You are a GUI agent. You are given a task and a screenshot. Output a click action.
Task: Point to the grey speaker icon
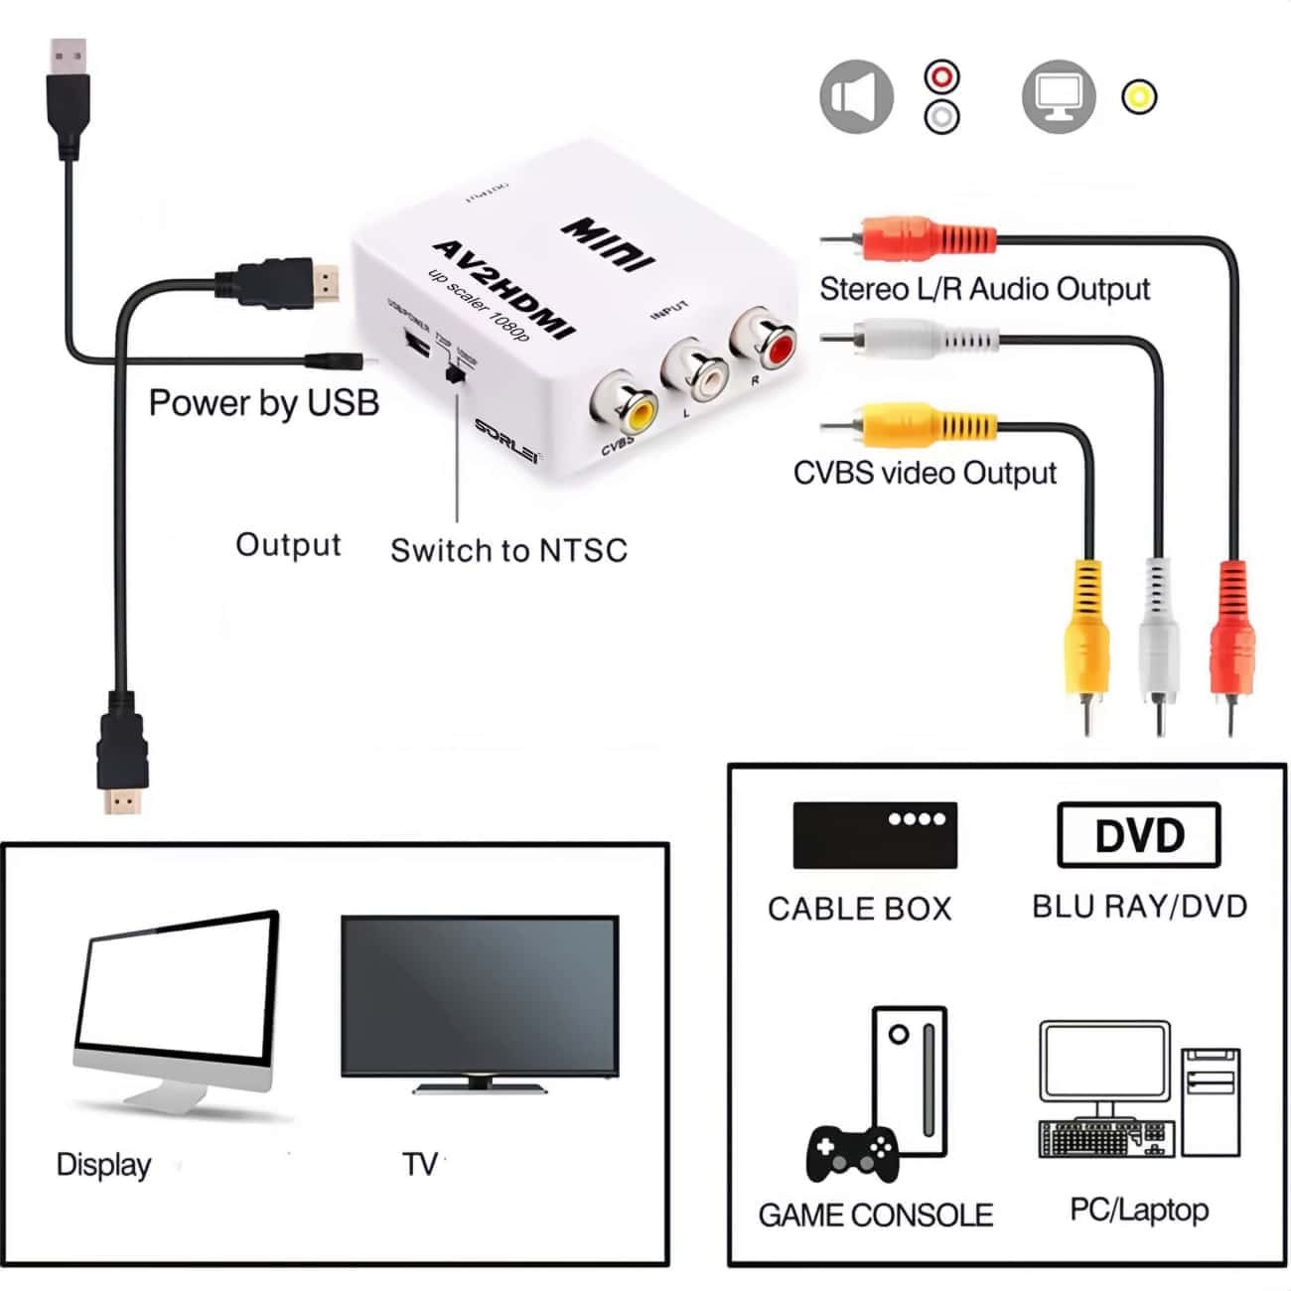point(856,97)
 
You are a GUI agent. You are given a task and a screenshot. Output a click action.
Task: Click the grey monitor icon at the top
point(1059,96)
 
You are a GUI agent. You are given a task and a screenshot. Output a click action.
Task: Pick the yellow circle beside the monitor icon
point(1139,96)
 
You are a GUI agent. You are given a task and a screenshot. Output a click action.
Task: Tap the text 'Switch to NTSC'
point(508,550)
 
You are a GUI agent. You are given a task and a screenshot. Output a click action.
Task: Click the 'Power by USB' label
point(264,402)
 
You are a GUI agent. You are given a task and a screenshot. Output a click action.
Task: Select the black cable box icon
point(875,835)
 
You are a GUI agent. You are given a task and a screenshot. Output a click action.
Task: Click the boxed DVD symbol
point(1139,835)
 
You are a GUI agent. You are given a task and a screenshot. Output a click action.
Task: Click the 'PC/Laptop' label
point(1139,1210)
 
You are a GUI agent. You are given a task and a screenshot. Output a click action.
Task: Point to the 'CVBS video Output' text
point(925,473)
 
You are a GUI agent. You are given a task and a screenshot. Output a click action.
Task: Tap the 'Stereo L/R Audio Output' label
point(984,289)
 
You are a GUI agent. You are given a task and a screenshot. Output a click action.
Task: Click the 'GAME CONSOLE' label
point(875,1215)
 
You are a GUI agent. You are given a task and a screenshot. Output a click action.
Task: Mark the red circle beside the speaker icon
point(941,76)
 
